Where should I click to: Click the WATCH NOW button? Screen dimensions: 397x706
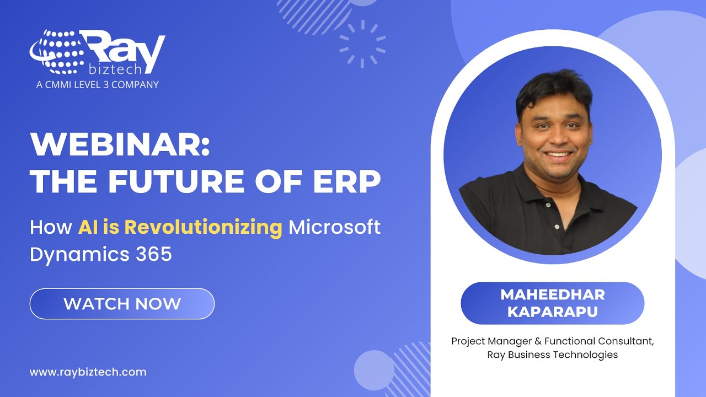pyautogui.click(x=122, y=304)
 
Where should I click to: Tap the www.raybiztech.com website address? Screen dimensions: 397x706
pyautogui.click(x=88, y=372)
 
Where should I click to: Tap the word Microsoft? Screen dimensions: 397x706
pyautogui.click(x=335, y=227)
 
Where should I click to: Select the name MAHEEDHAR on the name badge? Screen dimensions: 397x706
pyautogui.click(x=552, y=294)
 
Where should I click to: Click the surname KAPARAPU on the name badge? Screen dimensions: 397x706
pyautogui.click(x=552, y=311)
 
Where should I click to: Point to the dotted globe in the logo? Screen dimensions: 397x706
pyautogui.click(x=56, y=52)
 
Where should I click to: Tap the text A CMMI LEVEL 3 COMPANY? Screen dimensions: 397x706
pyautogui.click(x=97, y=84)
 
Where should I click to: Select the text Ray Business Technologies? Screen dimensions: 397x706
pyautogui.click(x=552, y=355)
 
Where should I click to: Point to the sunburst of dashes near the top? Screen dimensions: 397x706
pyautogui.click(x=362, y=44)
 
